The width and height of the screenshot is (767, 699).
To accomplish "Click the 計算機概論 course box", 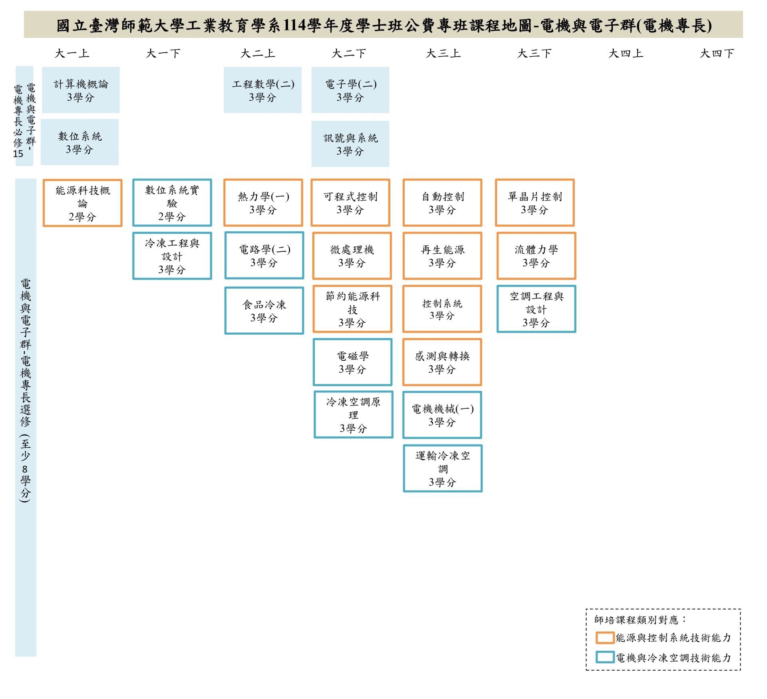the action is click(81, 90).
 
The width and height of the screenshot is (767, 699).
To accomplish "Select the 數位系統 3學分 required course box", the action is click(79, 142).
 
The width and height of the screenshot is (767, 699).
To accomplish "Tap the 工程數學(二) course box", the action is click(262, 90).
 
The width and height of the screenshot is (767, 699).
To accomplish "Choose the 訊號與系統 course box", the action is click(350, 144).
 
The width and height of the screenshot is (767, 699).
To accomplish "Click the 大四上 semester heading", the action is click(626, 54).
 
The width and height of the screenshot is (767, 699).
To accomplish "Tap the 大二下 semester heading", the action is click(349, 54).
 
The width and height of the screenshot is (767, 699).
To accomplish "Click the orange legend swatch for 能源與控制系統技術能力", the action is click(605, 637).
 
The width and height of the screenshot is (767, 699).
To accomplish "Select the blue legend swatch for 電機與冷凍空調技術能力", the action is click(605, 657).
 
